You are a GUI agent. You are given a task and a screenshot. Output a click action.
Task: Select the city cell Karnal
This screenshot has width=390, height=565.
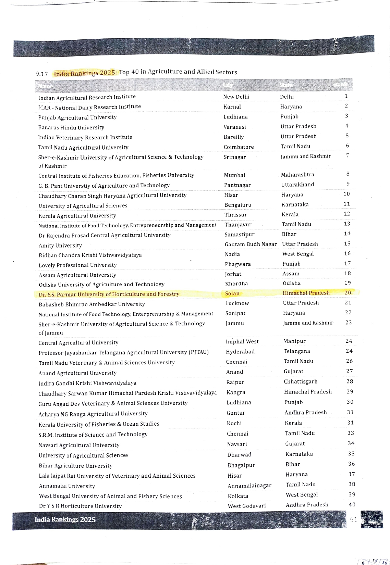(x=232, y=107)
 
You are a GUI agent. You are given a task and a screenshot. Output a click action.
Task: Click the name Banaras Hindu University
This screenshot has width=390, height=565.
(x=71, y=127)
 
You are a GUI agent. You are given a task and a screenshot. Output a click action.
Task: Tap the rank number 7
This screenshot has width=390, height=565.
(x=348, y=155)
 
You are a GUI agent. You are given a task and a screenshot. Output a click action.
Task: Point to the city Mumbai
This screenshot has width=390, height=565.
(x=234, y=175)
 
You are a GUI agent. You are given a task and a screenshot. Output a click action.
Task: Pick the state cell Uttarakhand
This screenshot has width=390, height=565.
(x=297, y=185)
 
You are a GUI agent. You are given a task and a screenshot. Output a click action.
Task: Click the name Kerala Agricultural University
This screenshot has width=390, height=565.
(x=77, y=216)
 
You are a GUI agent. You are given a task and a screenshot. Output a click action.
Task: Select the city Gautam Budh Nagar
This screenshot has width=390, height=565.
(x=251, y=244)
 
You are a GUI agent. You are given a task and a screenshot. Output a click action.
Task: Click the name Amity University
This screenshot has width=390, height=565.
(x=60, y=246)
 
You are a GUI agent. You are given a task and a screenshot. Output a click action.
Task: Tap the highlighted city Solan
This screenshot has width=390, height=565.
(x=232, y=293)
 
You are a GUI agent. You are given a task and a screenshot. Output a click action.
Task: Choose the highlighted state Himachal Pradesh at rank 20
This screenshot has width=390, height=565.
(x=306, y=293)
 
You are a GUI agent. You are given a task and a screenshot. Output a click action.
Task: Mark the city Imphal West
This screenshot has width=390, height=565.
(x=242, y=341)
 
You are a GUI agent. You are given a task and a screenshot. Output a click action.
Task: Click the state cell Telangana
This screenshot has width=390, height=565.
(x=297, y=351)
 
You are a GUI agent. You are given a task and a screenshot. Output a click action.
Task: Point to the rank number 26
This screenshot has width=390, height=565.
(x=349, y=361)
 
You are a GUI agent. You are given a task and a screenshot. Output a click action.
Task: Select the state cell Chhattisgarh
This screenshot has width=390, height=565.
(x=301, y=381)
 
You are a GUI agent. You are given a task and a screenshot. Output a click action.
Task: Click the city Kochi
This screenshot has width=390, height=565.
(x=234, y=423)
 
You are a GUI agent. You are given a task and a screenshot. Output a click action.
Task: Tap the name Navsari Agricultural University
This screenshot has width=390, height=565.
(x=79, y=445)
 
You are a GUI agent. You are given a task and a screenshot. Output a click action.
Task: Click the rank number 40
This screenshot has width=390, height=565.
(x=352, y=504)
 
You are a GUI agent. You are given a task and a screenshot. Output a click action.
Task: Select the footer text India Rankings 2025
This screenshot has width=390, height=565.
(x=65, y=519)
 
